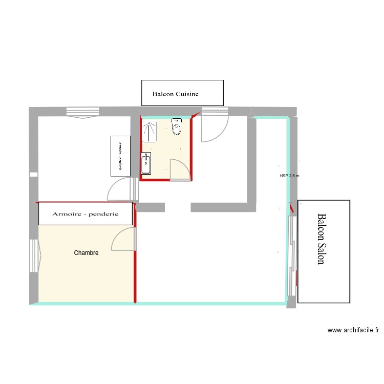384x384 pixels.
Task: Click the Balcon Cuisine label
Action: tap(176, 94)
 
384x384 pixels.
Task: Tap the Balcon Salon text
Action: tap(321, 239)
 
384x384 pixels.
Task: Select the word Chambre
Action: tap(86, 253)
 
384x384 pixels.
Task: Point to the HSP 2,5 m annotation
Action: tap(289, 176)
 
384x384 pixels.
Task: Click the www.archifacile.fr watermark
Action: tap(353, 331)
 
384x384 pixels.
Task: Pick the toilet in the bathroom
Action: tap(177, 126)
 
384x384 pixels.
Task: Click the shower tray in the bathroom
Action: tap(150, 131)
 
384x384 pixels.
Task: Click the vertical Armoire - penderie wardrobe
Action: tap(121, 156)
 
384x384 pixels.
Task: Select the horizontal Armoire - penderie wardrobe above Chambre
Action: tap(86, 214)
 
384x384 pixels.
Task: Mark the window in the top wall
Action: tap(82, 112)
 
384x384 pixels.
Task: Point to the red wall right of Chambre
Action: tap(135, 256)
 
